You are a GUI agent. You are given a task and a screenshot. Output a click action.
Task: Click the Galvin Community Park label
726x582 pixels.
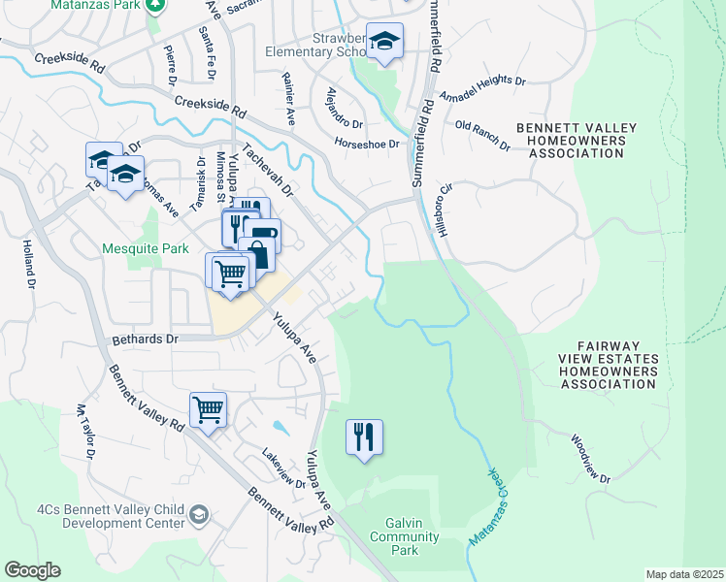[x=396, y=536]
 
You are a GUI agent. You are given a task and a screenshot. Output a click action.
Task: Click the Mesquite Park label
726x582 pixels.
[x=146, y=249]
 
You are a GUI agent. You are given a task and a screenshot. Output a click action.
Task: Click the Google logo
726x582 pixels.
[x=32, y=570]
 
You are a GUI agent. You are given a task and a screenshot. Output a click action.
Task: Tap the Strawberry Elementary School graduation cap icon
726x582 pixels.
[x=385, y=42]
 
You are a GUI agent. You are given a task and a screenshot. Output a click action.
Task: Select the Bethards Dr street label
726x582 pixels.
[x=146, y=340]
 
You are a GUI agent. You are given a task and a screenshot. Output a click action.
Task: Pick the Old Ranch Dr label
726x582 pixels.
[x=482, y=134]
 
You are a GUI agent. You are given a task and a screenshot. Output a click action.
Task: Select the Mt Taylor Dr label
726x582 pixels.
[x=87, y=432]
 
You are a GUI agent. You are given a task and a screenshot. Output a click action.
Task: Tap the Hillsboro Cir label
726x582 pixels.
[x=447, y=201]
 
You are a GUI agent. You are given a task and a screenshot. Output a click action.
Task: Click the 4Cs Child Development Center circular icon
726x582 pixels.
[x=199, y=513]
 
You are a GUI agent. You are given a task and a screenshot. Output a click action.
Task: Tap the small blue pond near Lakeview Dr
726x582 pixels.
[x=280, y=426]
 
